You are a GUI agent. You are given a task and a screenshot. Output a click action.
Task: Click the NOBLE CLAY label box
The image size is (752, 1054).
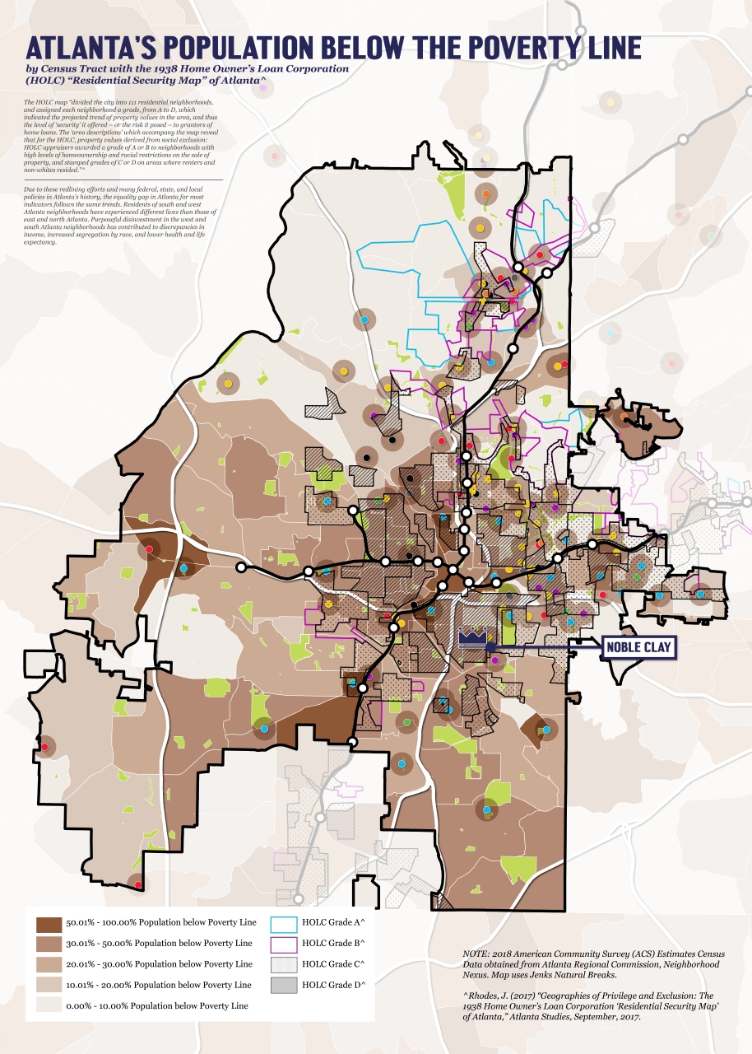pyautogui.click(x=639, y=648)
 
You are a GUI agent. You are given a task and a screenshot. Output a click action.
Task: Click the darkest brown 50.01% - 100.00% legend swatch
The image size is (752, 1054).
pyautogui.click(x=49, y=921)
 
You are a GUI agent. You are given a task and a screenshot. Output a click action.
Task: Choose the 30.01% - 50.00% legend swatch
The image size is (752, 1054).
pyautogui.click(x=49, y=942)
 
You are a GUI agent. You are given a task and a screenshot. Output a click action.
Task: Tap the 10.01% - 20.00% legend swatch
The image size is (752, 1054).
pyautogui.click(x=49, y=984)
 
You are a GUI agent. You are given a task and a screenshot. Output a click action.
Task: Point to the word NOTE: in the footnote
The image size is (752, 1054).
pyautogui.click(x=477, y=953)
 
